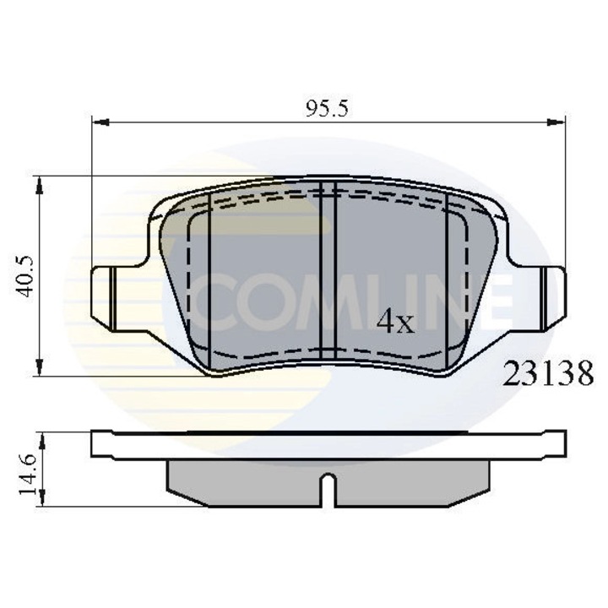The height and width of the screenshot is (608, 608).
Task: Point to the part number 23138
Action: click(x=548, y=372)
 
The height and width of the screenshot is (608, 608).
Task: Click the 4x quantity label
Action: click(x=395, y=322)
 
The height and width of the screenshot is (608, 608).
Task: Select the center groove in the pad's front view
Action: click(x=329, y=270)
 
